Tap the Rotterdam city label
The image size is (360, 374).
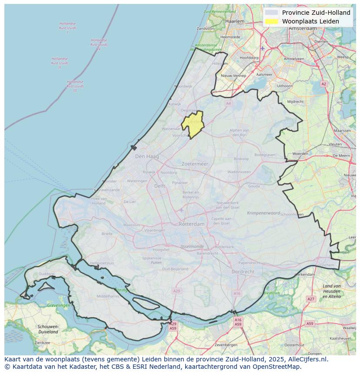pyautogui.click(x=191, y=224)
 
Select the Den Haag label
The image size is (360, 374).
pyautogui.click(x=147, y=156)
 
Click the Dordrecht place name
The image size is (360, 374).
pyautogui.click(x=243, y=271)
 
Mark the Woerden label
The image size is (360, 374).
pyautogui.click(x=300, y=154)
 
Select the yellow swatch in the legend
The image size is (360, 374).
pyautogui.click(x=271, y=21)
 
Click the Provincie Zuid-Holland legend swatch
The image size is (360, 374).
pyautogui.click(x=271, y=13)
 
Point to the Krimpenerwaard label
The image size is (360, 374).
pyautogui.click(x=263, y=213)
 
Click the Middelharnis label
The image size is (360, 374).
pyautogui.click(x=107, y=296)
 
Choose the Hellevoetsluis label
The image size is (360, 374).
pyautogui.click(x=102, y=263)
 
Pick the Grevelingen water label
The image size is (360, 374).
pyautogui.click(x=59, y=305)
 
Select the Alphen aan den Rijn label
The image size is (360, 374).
pyautogui.click(x=239, y=132)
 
